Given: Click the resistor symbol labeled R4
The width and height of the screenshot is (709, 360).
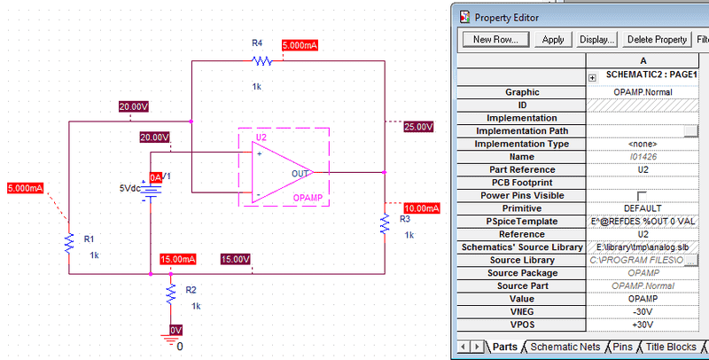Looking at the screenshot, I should tap(261, 61).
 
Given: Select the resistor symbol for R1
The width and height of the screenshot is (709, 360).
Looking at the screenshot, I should tap(68, 242).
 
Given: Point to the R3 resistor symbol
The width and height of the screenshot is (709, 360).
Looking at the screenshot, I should tap(385, 223).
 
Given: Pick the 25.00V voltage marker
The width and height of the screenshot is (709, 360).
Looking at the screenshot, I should tap(417, 127).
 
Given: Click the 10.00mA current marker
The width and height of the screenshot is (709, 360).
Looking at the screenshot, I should tap(420, 207).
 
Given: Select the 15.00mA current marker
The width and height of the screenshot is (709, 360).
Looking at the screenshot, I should tap(177, 259).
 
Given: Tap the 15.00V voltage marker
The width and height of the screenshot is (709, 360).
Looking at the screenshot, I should tap(235, 259).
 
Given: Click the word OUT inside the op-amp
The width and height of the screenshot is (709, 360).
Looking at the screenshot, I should tap(300, 173).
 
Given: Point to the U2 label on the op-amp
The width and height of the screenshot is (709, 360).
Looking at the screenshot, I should tap(261, 138).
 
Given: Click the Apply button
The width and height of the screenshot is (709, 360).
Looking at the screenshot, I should tap(553, 39).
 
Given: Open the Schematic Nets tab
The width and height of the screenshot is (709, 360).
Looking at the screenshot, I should tap(564, 347).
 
